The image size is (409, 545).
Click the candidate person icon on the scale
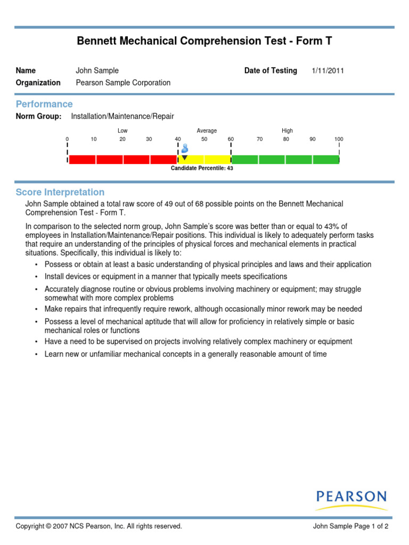[x=185, y=147]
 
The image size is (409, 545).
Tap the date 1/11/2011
[x=328, y=71]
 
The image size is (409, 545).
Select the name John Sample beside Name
[x=97, y=71]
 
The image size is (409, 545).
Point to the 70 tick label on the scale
[x=259, y=139]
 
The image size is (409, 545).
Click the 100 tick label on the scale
[x=339, y=139]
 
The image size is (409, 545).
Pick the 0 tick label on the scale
[x=67, y=139]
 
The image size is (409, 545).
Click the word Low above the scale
[x=122, y=131]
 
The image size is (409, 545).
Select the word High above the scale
[x=287, y=131]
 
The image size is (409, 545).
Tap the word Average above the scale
[x=207, y=131]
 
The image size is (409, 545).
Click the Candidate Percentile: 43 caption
[x=202, y=168]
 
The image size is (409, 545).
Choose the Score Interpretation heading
[x=60, y=192]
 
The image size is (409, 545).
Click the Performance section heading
[x=44, y=104]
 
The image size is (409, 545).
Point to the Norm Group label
[x=38, y=116]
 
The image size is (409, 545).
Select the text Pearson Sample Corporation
[x=123, y=83]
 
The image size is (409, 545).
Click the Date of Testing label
[x=271, y=71]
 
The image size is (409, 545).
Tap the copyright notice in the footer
[x=99, y=526]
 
